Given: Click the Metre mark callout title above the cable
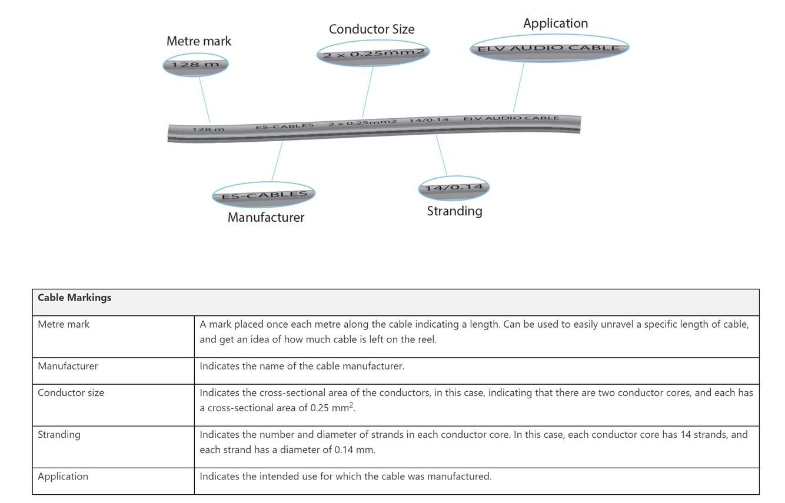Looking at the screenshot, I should (198, 41).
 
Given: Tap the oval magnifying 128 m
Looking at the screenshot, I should (195, 64).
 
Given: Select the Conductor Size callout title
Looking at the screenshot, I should (371, 29).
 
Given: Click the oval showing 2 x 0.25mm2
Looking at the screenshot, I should (373, 54).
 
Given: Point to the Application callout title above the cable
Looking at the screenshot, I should (555, 24).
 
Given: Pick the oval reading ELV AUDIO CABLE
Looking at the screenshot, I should (549, 48).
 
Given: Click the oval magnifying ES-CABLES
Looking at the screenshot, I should (264, 195).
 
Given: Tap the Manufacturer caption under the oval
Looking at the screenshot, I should (266, 218).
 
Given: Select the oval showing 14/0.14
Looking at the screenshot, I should (454, 188).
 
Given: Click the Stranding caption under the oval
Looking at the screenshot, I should (454, 211).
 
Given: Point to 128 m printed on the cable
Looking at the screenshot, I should (208, 129).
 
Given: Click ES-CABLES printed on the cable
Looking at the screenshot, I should (285, 126).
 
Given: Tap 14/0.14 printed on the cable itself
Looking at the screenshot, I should (429, 120).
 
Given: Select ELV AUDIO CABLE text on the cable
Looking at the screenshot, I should (511, 118).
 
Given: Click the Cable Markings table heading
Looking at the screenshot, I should (75, 298).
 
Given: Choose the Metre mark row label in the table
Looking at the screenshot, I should (64, 324).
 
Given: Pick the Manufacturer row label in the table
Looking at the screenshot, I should (68, 366).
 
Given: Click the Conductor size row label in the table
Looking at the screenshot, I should (71, 392).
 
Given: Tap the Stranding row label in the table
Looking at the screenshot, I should (59, 435).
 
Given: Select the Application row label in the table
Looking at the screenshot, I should (63, 477).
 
